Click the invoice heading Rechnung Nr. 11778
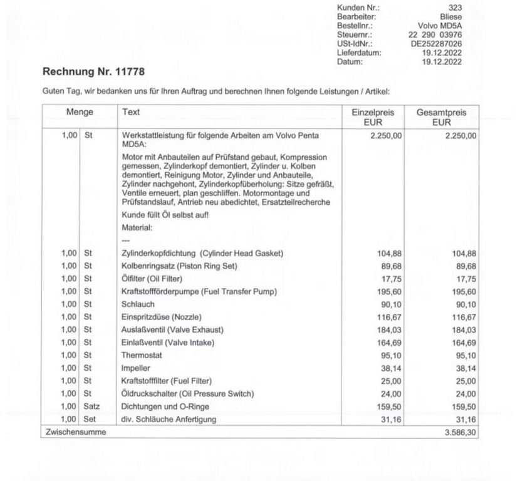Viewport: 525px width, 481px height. click(93, 71)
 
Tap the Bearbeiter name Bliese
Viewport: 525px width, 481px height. click(450, 17)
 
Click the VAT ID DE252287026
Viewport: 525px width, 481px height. click(436, 44)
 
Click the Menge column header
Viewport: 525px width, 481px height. click(80, 112)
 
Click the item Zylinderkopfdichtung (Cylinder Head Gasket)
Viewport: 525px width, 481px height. click(202, 253)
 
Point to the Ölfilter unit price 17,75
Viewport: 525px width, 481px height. click(392, 279)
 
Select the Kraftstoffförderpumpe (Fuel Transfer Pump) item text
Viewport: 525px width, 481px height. click(199, 291)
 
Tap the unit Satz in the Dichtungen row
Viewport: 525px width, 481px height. click(92, 406)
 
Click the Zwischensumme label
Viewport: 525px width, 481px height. click(75, 432)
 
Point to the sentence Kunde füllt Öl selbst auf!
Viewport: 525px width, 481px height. click(165, 215)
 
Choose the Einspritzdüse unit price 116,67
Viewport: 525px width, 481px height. click(389, 317)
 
